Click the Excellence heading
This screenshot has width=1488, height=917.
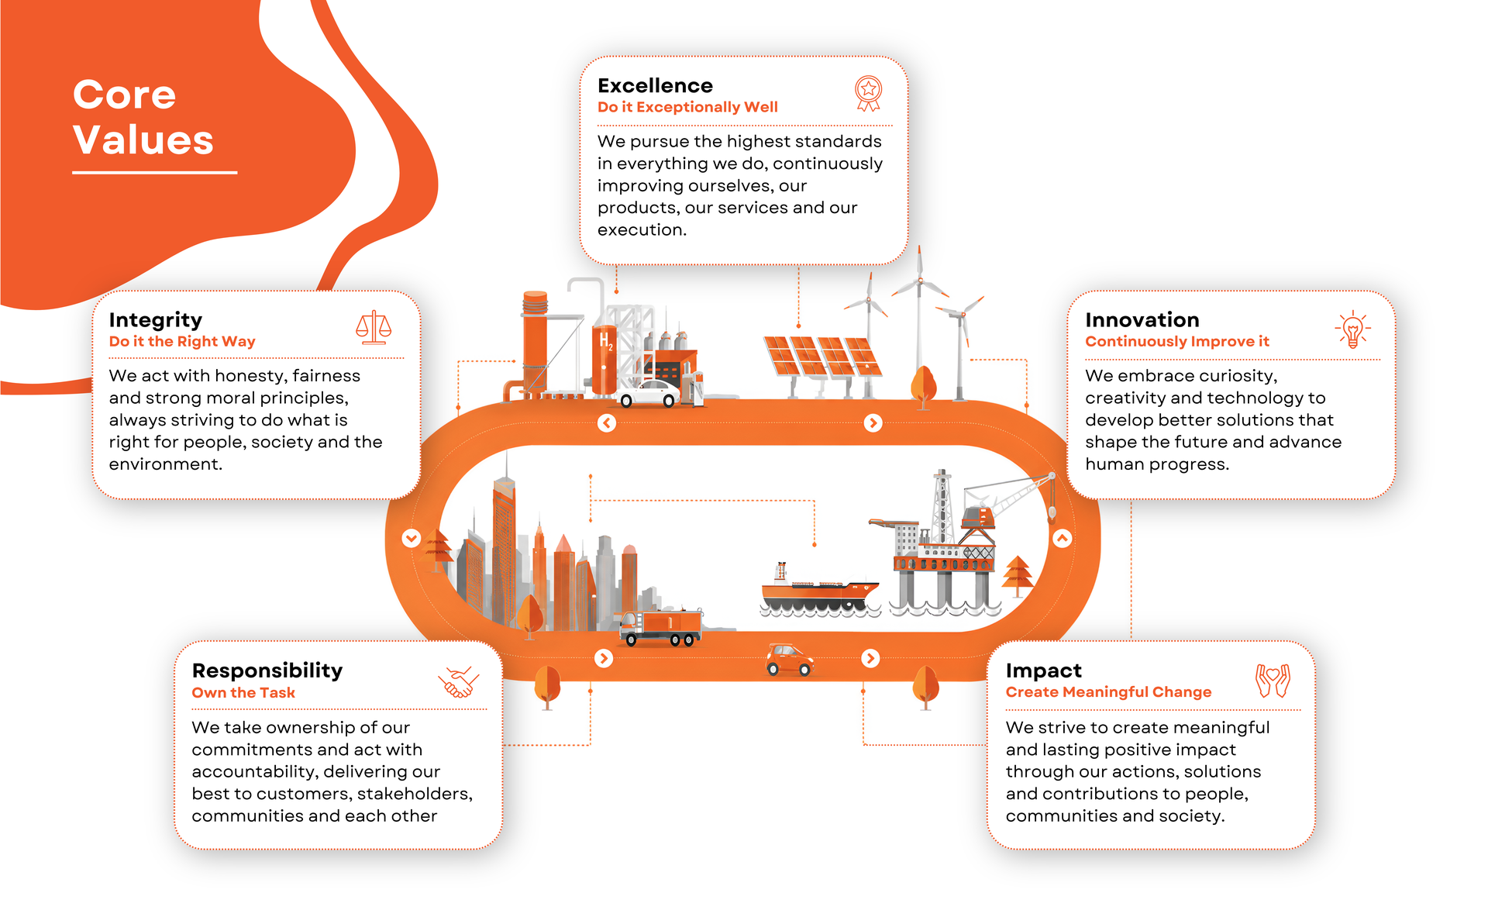[x=655, y=85]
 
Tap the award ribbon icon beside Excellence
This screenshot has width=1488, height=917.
[x=869, y=93]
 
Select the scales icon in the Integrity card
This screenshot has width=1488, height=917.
[x=374, y=327]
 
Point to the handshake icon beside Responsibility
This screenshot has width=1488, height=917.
[x=458, y=682]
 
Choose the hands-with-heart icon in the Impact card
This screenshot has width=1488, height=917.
[x=1273, y=681]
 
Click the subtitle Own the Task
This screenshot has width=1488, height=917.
[x=243, y=692]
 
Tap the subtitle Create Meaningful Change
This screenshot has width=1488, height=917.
[x=1108, y=691]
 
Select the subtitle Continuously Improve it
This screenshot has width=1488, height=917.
[x=1177, y=341]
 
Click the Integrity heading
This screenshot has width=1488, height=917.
[x=155, y=320]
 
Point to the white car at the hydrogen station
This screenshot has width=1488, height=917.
[x=649, y=394]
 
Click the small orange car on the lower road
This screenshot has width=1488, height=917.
[x=789, y=660]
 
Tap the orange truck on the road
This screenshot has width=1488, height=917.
[x=661, y=626]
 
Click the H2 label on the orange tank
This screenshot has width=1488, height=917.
[x=606, y=340]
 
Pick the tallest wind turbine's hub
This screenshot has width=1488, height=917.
[x=920, y=279]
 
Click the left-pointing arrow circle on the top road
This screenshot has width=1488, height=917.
[x=607, y=422]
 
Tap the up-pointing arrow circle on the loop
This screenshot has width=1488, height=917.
[x=1062, y=538]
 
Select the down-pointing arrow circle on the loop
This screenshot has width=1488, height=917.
[x=412, y=538]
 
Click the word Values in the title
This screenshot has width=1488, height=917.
[x=143, y=140]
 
